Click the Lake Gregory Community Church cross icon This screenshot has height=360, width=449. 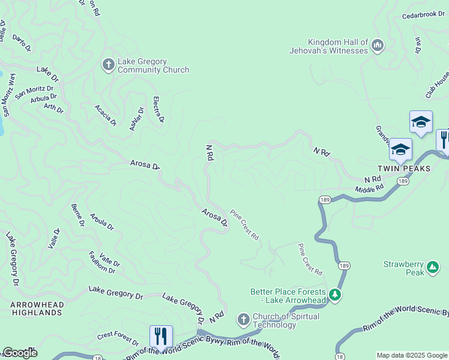108,64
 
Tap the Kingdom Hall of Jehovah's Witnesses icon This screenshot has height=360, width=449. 378,45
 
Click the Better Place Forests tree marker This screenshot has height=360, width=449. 335,295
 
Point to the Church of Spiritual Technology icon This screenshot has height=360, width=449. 243,318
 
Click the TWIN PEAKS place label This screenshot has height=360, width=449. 404,169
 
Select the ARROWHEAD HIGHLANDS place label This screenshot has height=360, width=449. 37,309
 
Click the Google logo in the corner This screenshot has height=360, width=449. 19,353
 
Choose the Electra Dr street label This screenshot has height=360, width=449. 159,110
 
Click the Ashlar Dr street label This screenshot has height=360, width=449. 137,119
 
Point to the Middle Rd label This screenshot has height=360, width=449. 369,190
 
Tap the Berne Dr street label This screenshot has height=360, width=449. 77,215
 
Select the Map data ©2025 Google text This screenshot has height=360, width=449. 411,355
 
